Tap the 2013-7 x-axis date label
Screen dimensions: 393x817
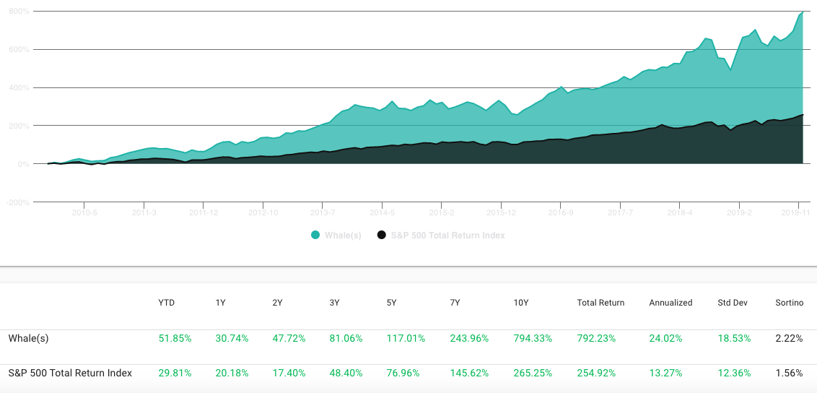tap(322, 213)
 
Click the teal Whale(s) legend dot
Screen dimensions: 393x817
tap(315, 236)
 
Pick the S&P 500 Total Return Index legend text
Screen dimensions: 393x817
tap(448, 236)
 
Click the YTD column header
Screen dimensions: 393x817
tap(166, 303)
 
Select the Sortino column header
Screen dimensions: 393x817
tap(789, 303)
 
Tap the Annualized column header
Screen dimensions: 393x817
tap(670, 303)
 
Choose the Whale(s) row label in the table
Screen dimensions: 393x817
tap(29, 338)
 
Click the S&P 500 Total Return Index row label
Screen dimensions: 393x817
tap(70, 373)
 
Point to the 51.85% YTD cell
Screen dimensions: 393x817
tap(175, 338)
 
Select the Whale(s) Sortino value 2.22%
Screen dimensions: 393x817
tap(789, 338)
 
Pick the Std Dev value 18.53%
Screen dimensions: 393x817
tap(734, 338)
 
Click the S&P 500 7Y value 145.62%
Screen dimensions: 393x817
tap(469, 373)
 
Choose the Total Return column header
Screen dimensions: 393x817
tap(600, 303)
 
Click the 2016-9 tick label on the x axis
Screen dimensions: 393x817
tap(560, 213)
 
